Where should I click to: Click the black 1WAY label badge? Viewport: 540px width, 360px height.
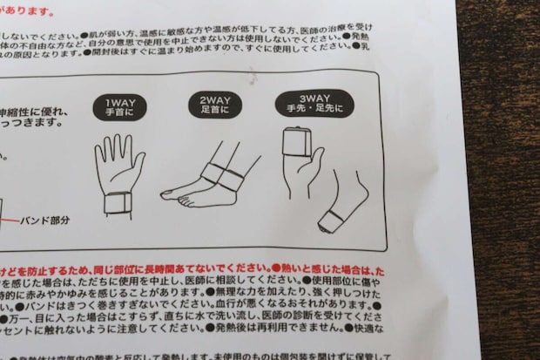point(119,106)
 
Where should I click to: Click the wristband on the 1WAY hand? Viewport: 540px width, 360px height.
point(118,203)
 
